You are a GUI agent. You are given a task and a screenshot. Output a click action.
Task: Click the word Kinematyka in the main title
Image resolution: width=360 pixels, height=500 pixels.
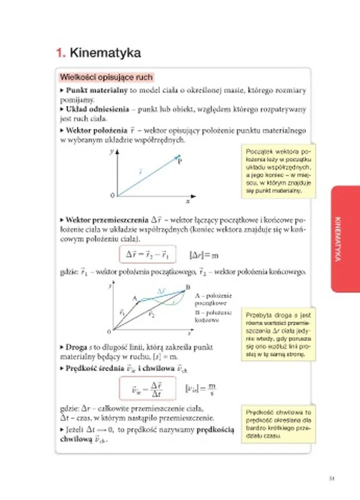point(105,52)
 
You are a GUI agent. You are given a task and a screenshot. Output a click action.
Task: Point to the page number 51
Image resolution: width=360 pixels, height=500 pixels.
point(332,478)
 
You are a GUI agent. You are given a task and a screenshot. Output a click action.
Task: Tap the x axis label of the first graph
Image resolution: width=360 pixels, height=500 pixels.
point(187,201)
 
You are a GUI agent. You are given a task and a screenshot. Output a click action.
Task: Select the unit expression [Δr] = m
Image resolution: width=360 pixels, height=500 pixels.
point(205,255)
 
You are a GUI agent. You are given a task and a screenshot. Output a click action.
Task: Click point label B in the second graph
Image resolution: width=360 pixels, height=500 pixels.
point(188,287)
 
